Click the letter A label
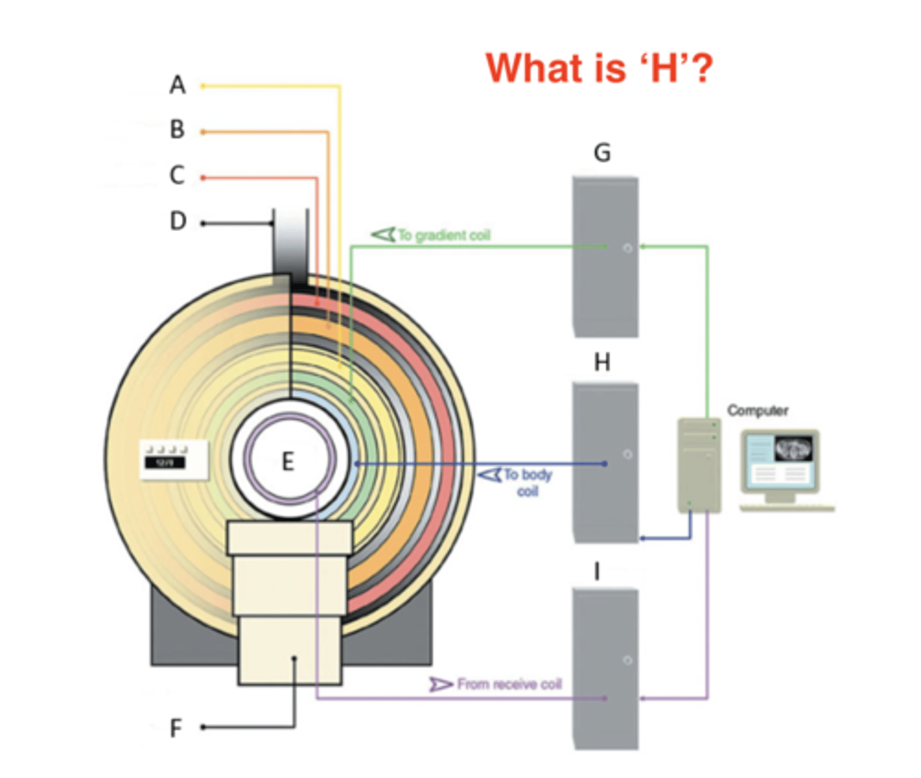[177, 85]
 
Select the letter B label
[177, 130]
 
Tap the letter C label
[177, 176]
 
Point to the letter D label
[178, 222]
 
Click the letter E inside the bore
[288, 462]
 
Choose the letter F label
[176, 729]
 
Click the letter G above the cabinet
[602, 153]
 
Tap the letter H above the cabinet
[602, 362]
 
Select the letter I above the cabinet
[597, 572]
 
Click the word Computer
[757, 410]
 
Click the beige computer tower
[699, 466]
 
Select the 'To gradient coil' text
[443, 235]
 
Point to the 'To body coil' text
[528, 482]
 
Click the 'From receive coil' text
[509, 684]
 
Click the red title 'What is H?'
[599, 67]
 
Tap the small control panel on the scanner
[174, 459]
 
